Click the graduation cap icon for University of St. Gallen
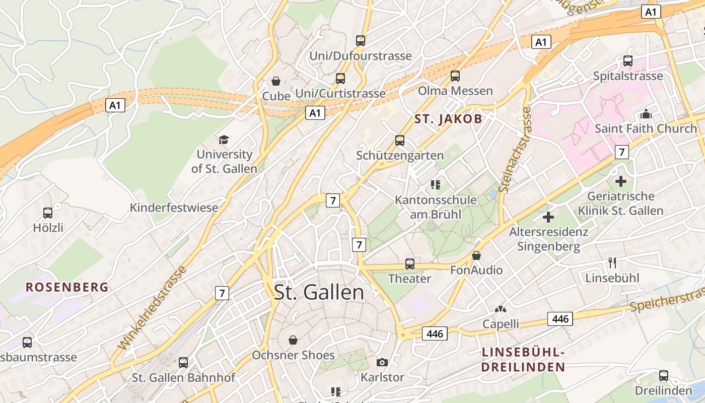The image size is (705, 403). point(224,140)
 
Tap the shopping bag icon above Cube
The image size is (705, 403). point(276,81)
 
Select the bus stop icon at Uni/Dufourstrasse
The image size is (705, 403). point(361,41)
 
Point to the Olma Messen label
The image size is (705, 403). point(455,91)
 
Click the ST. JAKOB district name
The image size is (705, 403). point(448,119)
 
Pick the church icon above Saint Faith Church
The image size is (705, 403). point(646,114)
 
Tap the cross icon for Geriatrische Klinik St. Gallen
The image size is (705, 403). point(621,181)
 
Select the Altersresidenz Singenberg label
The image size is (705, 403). point(548,239)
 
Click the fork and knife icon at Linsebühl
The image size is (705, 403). point(612,263)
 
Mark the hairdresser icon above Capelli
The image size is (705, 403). point(501,309)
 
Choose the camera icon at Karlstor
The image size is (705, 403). point(382,362)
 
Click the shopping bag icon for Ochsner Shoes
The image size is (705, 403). point(293,341)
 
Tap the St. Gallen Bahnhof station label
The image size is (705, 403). point(184,377)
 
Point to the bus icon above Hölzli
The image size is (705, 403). point(48,213)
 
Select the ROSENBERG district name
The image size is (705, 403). point(67,287)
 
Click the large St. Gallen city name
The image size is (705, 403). point(319,292)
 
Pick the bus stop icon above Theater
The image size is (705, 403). point(410,263)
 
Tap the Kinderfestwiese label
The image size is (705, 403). point(174,208)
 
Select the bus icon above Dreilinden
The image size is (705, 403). point(664,376)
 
